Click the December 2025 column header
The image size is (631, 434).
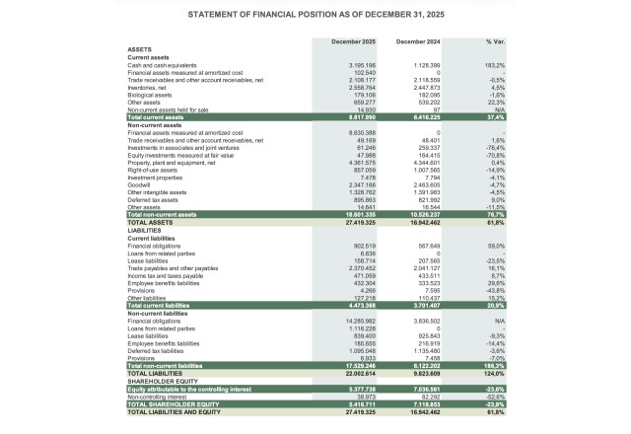tap(354, 42)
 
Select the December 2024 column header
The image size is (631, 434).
tap(417, 42)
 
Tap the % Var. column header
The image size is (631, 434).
tap(495, 42)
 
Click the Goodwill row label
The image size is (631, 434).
tap(141, 184)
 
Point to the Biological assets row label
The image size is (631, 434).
tap(153, 95)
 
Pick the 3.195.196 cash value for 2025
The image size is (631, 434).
tap(362, 65)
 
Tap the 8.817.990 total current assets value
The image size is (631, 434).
tap(362, 117)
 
